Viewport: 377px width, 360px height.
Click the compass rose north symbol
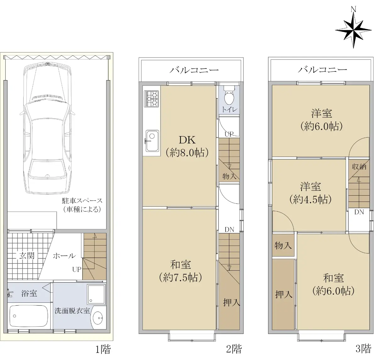coord(353,30)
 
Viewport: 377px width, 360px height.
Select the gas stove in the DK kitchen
coord(151,99)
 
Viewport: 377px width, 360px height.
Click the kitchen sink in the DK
coord(152,141)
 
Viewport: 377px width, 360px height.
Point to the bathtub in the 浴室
coord(28,316)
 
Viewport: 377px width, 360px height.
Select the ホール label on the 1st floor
coord(64,256)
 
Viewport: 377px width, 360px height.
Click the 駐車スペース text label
coord(82,201)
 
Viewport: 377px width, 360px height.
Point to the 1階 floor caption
coord(103,349)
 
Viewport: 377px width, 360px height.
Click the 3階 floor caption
coord(363,348)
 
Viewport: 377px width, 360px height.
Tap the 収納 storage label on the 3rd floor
coord(359,167)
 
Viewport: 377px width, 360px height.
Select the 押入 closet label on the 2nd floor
coord(232,303)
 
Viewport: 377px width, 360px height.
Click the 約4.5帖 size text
coord(310,200)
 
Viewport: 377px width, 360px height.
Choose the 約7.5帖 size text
coord(180,278)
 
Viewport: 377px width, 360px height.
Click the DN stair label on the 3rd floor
coord(359,212)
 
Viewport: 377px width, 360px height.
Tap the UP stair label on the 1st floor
coord(77,269)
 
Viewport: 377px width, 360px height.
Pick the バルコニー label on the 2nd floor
coord(194,70)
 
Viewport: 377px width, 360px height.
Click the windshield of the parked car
coord(47,111)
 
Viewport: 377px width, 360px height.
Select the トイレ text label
coord(229,110)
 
